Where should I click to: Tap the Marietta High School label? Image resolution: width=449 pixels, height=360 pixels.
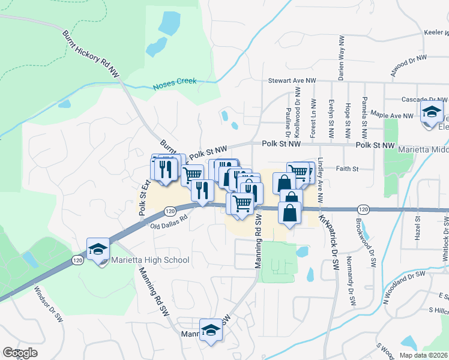pos(150,260)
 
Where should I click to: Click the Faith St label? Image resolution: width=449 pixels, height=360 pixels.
pos(346,169)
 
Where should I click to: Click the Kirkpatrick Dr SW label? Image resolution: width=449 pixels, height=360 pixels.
pos(328,242)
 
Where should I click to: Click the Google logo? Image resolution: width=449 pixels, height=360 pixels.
pos(20,353)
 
